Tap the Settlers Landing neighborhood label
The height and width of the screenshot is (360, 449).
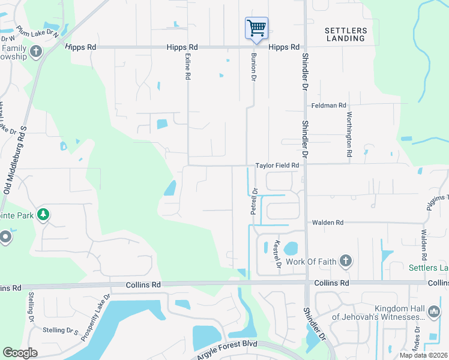(345, 34)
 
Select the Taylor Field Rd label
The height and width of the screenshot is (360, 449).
(277, 166)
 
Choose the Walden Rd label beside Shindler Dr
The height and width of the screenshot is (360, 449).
(327, 223)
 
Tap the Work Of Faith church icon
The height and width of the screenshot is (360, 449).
(345, 260)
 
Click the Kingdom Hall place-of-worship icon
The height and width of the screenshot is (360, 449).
(434, 311)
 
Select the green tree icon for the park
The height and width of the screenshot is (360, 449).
(43, 214)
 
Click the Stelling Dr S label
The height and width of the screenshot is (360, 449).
(61, 330)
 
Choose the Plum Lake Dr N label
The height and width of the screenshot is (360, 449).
(38, 32)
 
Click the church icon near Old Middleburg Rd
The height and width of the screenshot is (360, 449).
(35, 51)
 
